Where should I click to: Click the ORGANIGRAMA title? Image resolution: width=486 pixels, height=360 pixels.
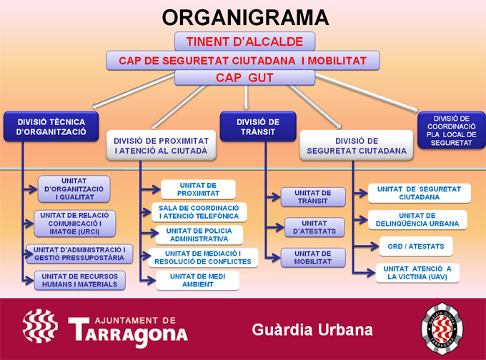point(244,17)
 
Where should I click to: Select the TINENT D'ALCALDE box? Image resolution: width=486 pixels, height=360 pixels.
point(244,41)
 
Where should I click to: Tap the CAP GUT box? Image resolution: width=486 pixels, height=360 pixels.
point(244,77)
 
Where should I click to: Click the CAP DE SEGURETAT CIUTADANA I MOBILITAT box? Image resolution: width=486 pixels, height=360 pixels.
point(244,60)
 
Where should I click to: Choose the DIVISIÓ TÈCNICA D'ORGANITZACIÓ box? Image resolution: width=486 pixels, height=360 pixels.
point(51,126)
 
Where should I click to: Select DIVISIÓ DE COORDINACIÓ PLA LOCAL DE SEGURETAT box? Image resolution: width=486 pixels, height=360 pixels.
point(452,129)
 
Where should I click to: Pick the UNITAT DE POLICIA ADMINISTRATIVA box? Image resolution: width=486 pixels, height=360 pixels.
point(197,235)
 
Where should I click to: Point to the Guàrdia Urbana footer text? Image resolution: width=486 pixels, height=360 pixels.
point(312,329)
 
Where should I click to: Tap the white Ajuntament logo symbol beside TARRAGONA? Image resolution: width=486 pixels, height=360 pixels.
point(40,326)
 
